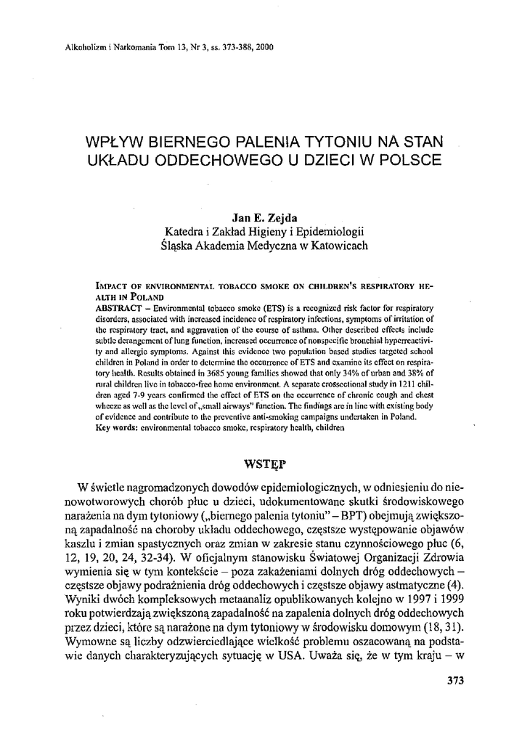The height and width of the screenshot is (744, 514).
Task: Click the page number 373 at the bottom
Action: (x=452, y=681)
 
